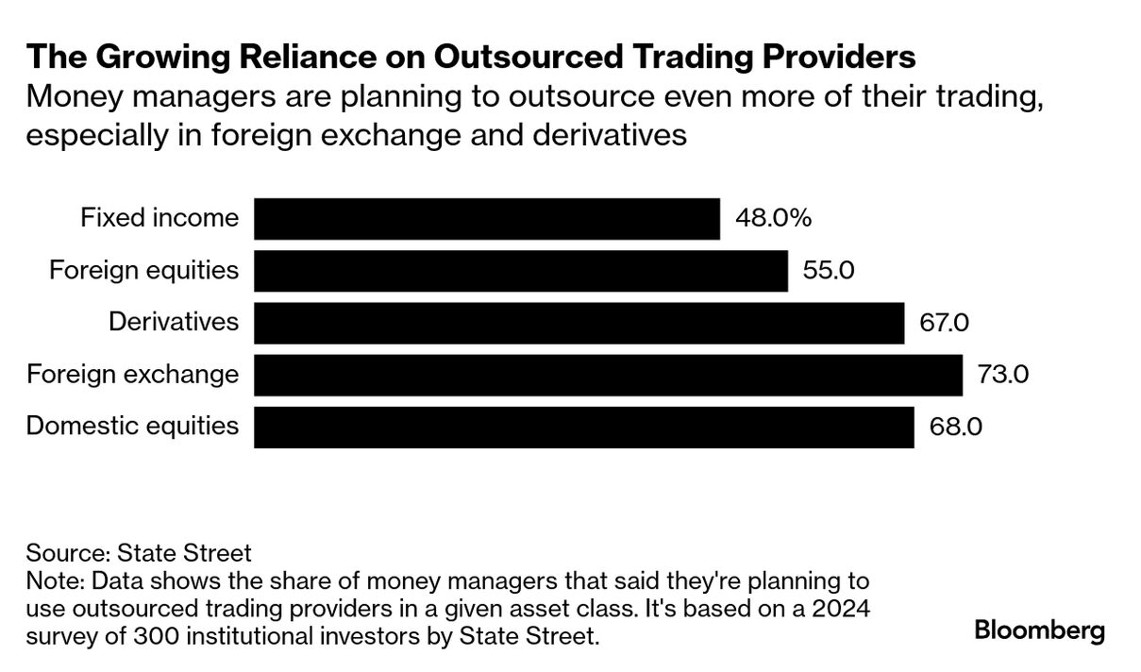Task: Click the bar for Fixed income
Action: click(x=487, y=219)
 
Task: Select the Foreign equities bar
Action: click(x=521, y=271)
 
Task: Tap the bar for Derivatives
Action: click(x=579, y=323)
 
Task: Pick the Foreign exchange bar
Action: click(x=608, y=375)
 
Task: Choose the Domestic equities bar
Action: click(x=584, y=427)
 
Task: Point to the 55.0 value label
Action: click(x=828, y=271)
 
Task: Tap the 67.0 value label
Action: click(x=944, y=323)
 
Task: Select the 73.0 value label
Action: click(x=1002, y=375)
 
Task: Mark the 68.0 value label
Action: click(x=957, y=427)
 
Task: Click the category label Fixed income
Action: click(x=159, y=219)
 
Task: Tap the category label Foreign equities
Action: click(x=143, y=271)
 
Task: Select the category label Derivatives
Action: click(x=174, y=323)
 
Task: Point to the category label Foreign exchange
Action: click(x=132, y=375)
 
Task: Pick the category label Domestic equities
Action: click(x=132, y=427)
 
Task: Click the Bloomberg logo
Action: click(x=1039, y=630)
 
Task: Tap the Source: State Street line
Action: click(x=139, y=552)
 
